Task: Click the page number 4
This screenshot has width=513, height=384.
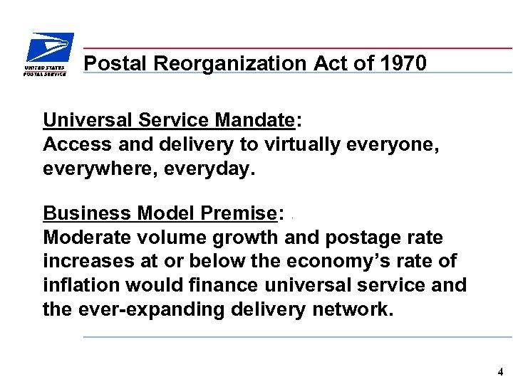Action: point(500,372)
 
